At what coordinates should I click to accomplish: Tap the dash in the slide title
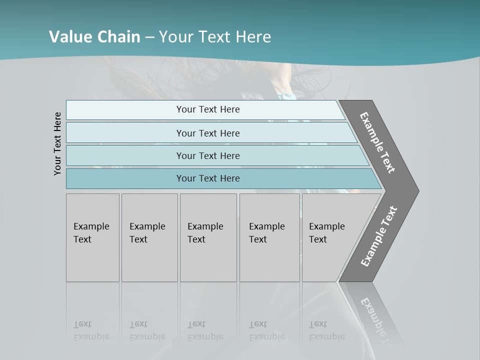149,37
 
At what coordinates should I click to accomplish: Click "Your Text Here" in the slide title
215,37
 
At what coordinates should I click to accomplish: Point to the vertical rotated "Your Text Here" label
57,143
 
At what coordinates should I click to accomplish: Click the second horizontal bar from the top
207,133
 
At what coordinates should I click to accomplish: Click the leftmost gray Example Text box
92,237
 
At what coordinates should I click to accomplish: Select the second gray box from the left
149,237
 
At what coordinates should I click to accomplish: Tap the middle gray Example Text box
208,237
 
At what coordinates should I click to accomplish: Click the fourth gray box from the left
269,237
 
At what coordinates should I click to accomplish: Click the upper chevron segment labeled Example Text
378,142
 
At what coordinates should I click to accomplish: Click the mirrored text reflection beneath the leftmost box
91,330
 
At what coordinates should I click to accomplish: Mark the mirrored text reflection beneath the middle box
205,330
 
